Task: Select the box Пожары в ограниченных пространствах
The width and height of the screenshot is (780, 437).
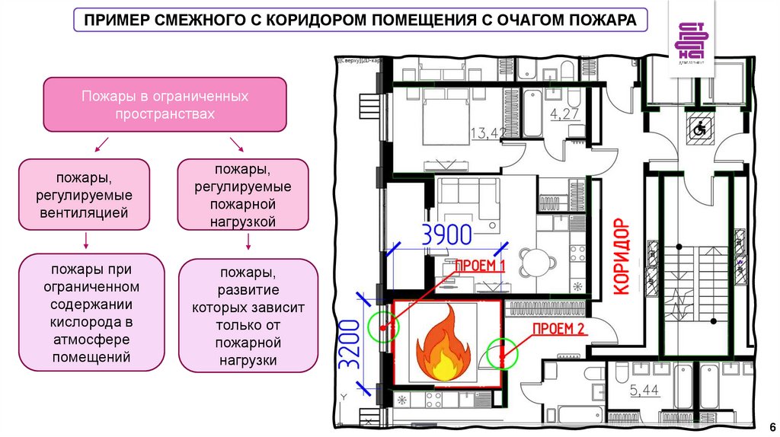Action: click(x=165, y=105)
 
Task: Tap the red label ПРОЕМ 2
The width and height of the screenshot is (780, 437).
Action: click(x=558, y=329)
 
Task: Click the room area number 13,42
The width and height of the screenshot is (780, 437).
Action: click(x=488, y=134)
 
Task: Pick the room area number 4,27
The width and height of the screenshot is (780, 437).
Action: click(x=564, y=116)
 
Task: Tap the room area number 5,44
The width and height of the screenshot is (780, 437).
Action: click(x=645, y=392)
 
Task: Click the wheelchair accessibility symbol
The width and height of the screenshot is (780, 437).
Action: click(x=698, y=129)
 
